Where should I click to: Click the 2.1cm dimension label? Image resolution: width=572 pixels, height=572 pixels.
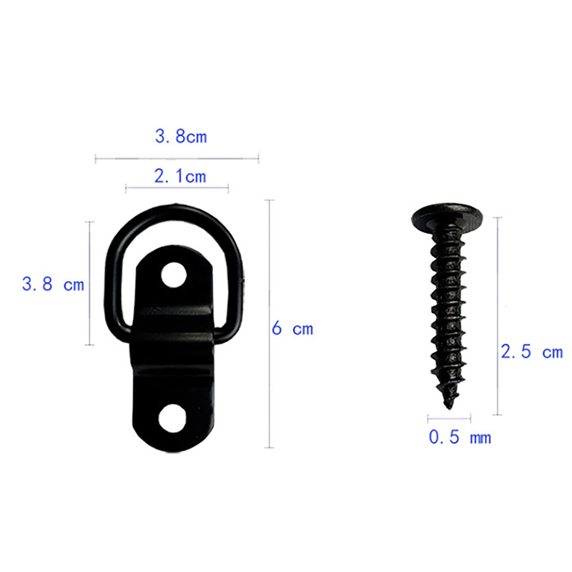coord(180,177)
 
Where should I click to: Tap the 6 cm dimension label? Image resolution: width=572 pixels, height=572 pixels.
coord(292,328)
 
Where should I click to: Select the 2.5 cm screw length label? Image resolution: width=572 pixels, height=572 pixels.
coord(532,352)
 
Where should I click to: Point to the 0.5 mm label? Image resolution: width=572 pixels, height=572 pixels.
coord(460,437)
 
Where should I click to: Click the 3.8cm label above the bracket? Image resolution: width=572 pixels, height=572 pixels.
coord(181,137)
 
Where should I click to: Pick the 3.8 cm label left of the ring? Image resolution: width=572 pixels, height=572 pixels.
coord(53,284)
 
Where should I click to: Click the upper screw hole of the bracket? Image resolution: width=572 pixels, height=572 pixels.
coord(174,275)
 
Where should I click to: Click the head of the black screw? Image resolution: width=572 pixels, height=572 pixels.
coord(448,217)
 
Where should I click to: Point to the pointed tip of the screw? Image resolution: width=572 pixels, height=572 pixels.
coord(449,408)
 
